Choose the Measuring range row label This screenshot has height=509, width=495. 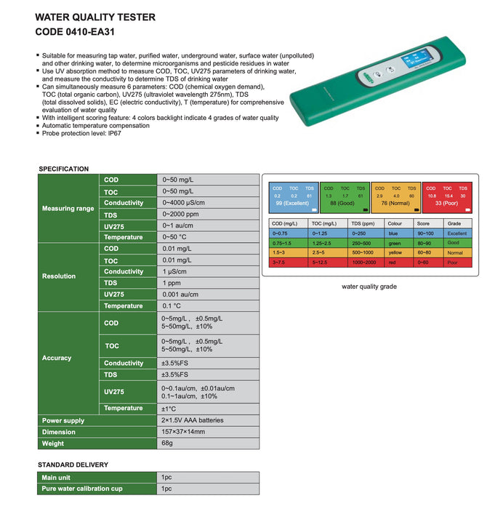point(68,209)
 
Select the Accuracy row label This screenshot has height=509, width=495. point(57,358)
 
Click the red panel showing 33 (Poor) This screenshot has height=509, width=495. point(447,196)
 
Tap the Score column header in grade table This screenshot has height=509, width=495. point(424,224)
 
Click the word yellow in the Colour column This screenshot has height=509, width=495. point(395,252)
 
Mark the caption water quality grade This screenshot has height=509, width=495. point(369,286)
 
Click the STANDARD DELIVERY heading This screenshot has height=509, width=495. point(73,465)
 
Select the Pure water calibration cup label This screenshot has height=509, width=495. point(81,489)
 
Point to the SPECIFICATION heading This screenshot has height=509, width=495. point(63,169)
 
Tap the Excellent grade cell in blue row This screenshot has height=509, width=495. point(457,233)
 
